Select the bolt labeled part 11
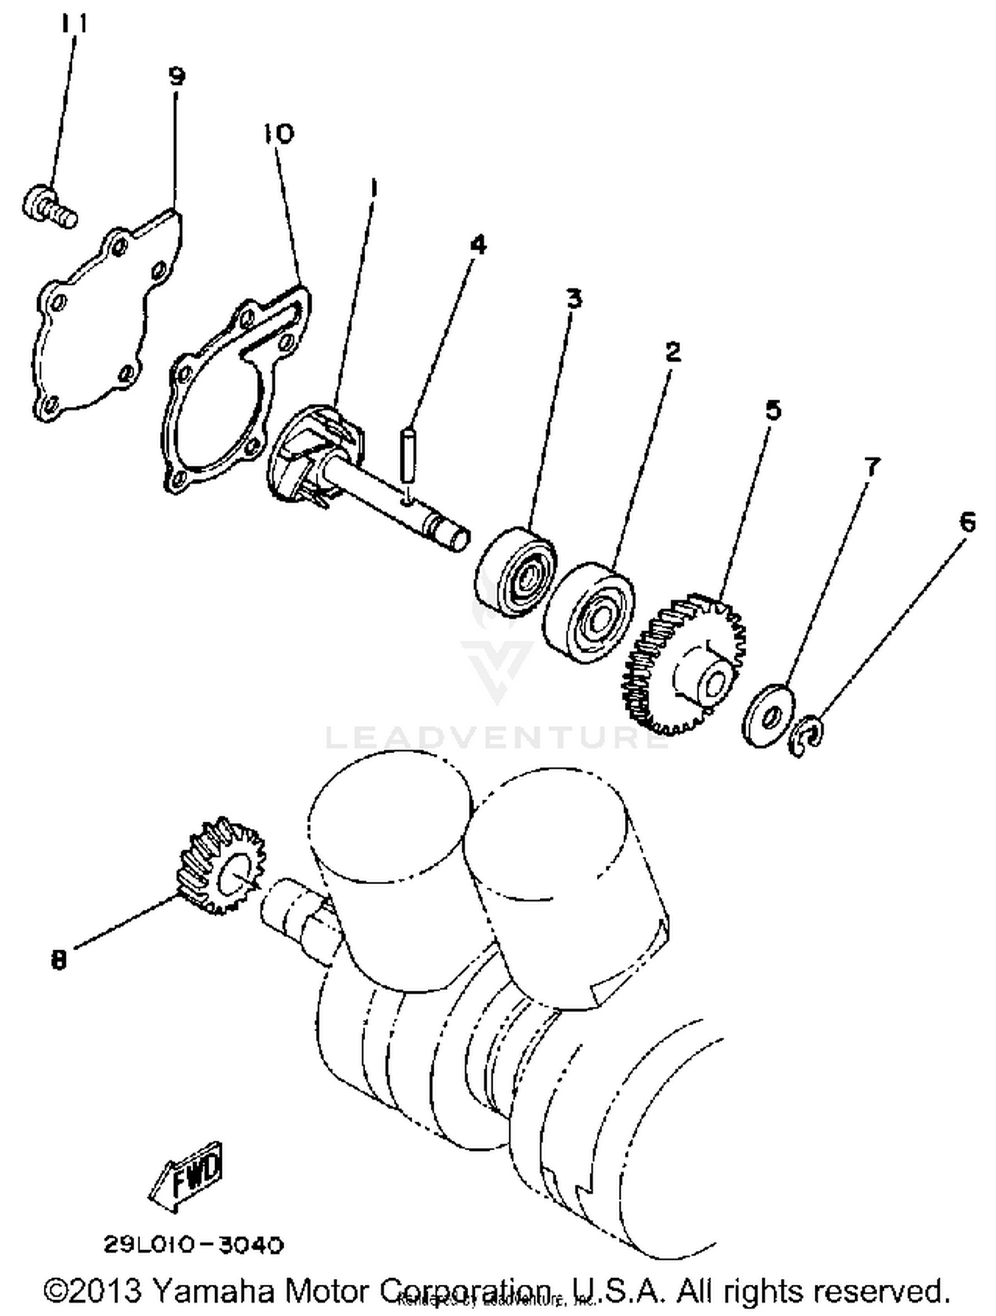click(48, 206)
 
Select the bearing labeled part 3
click(515, 569)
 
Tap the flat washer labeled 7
click(768, 715)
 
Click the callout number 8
click(58, 959)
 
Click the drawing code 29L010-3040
click(193, 1244)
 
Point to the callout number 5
click(773, 410)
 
